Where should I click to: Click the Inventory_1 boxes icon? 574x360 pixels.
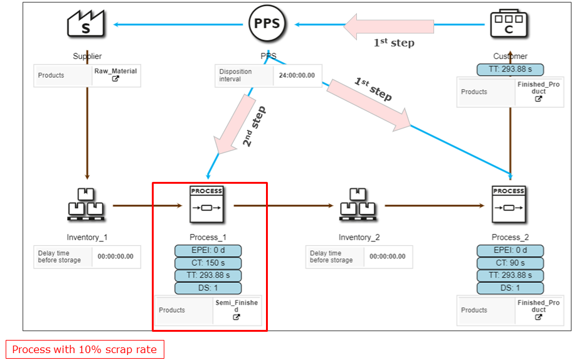87,205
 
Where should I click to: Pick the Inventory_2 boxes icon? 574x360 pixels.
359,205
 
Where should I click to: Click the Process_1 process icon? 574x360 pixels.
207,204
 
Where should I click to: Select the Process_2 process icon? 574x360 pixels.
509,204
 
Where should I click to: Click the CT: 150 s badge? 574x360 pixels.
208,263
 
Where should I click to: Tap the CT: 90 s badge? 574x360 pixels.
510,263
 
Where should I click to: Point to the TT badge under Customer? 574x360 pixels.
510,70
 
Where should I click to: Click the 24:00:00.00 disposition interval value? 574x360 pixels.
297,76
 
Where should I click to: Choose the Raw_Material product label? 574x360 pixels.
115,71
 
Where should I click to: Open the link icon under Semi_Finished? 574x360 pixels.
237,317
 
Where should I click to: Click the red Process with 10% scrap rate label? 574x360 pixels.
85,349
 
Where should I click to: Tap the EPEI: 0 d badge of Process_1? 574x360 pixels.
208,251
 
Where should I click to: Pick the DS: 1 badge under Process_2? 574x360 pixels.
510,288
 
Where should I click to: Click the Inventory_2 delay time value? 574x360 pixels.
387,257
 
